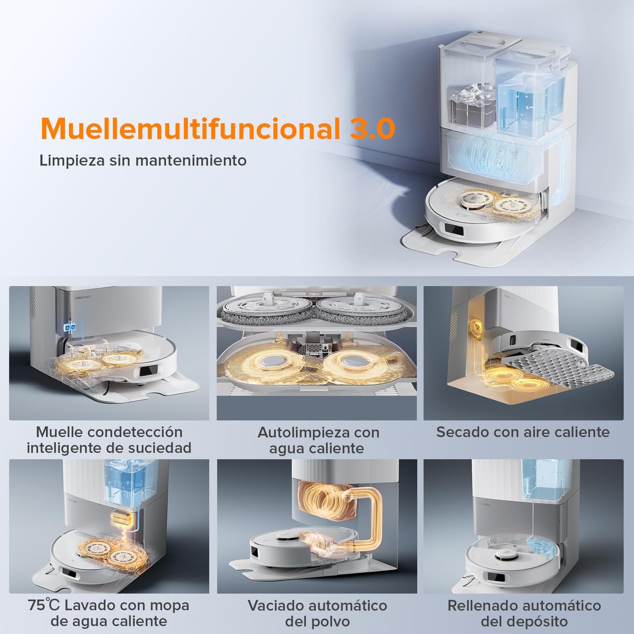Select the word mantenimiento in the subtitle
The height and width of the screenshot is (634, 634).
191,160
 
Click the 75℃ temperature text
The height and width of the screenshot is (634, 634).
44,605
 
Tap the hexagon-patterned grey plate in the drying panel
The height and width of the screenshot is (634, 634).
558,371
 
